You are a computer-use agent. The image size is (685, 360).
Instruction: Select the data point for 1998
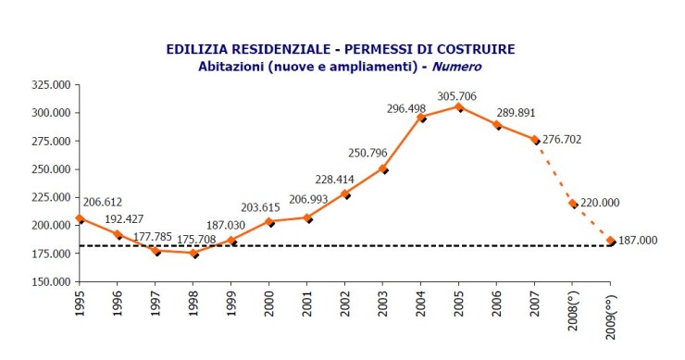click(193, 253)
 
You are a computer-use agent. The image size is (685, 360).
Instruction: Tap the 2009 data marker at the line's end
click(610, 241)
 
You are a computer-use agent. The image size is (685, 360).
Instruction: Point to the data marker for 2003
click(382, 169)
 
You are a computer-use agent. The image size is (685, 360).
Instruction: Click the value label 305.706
click(471, 94)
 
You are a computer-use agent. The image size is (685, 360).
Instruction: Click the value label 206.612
click(104, 201)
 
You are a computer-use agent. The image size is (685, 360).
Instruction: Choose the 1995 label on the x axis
click(81, 304)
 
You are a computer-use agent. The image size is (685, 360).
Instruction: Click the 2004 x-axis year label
click(420, 304)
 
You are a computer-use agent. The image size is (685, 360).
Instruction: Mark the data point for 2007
click(534, 139)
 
